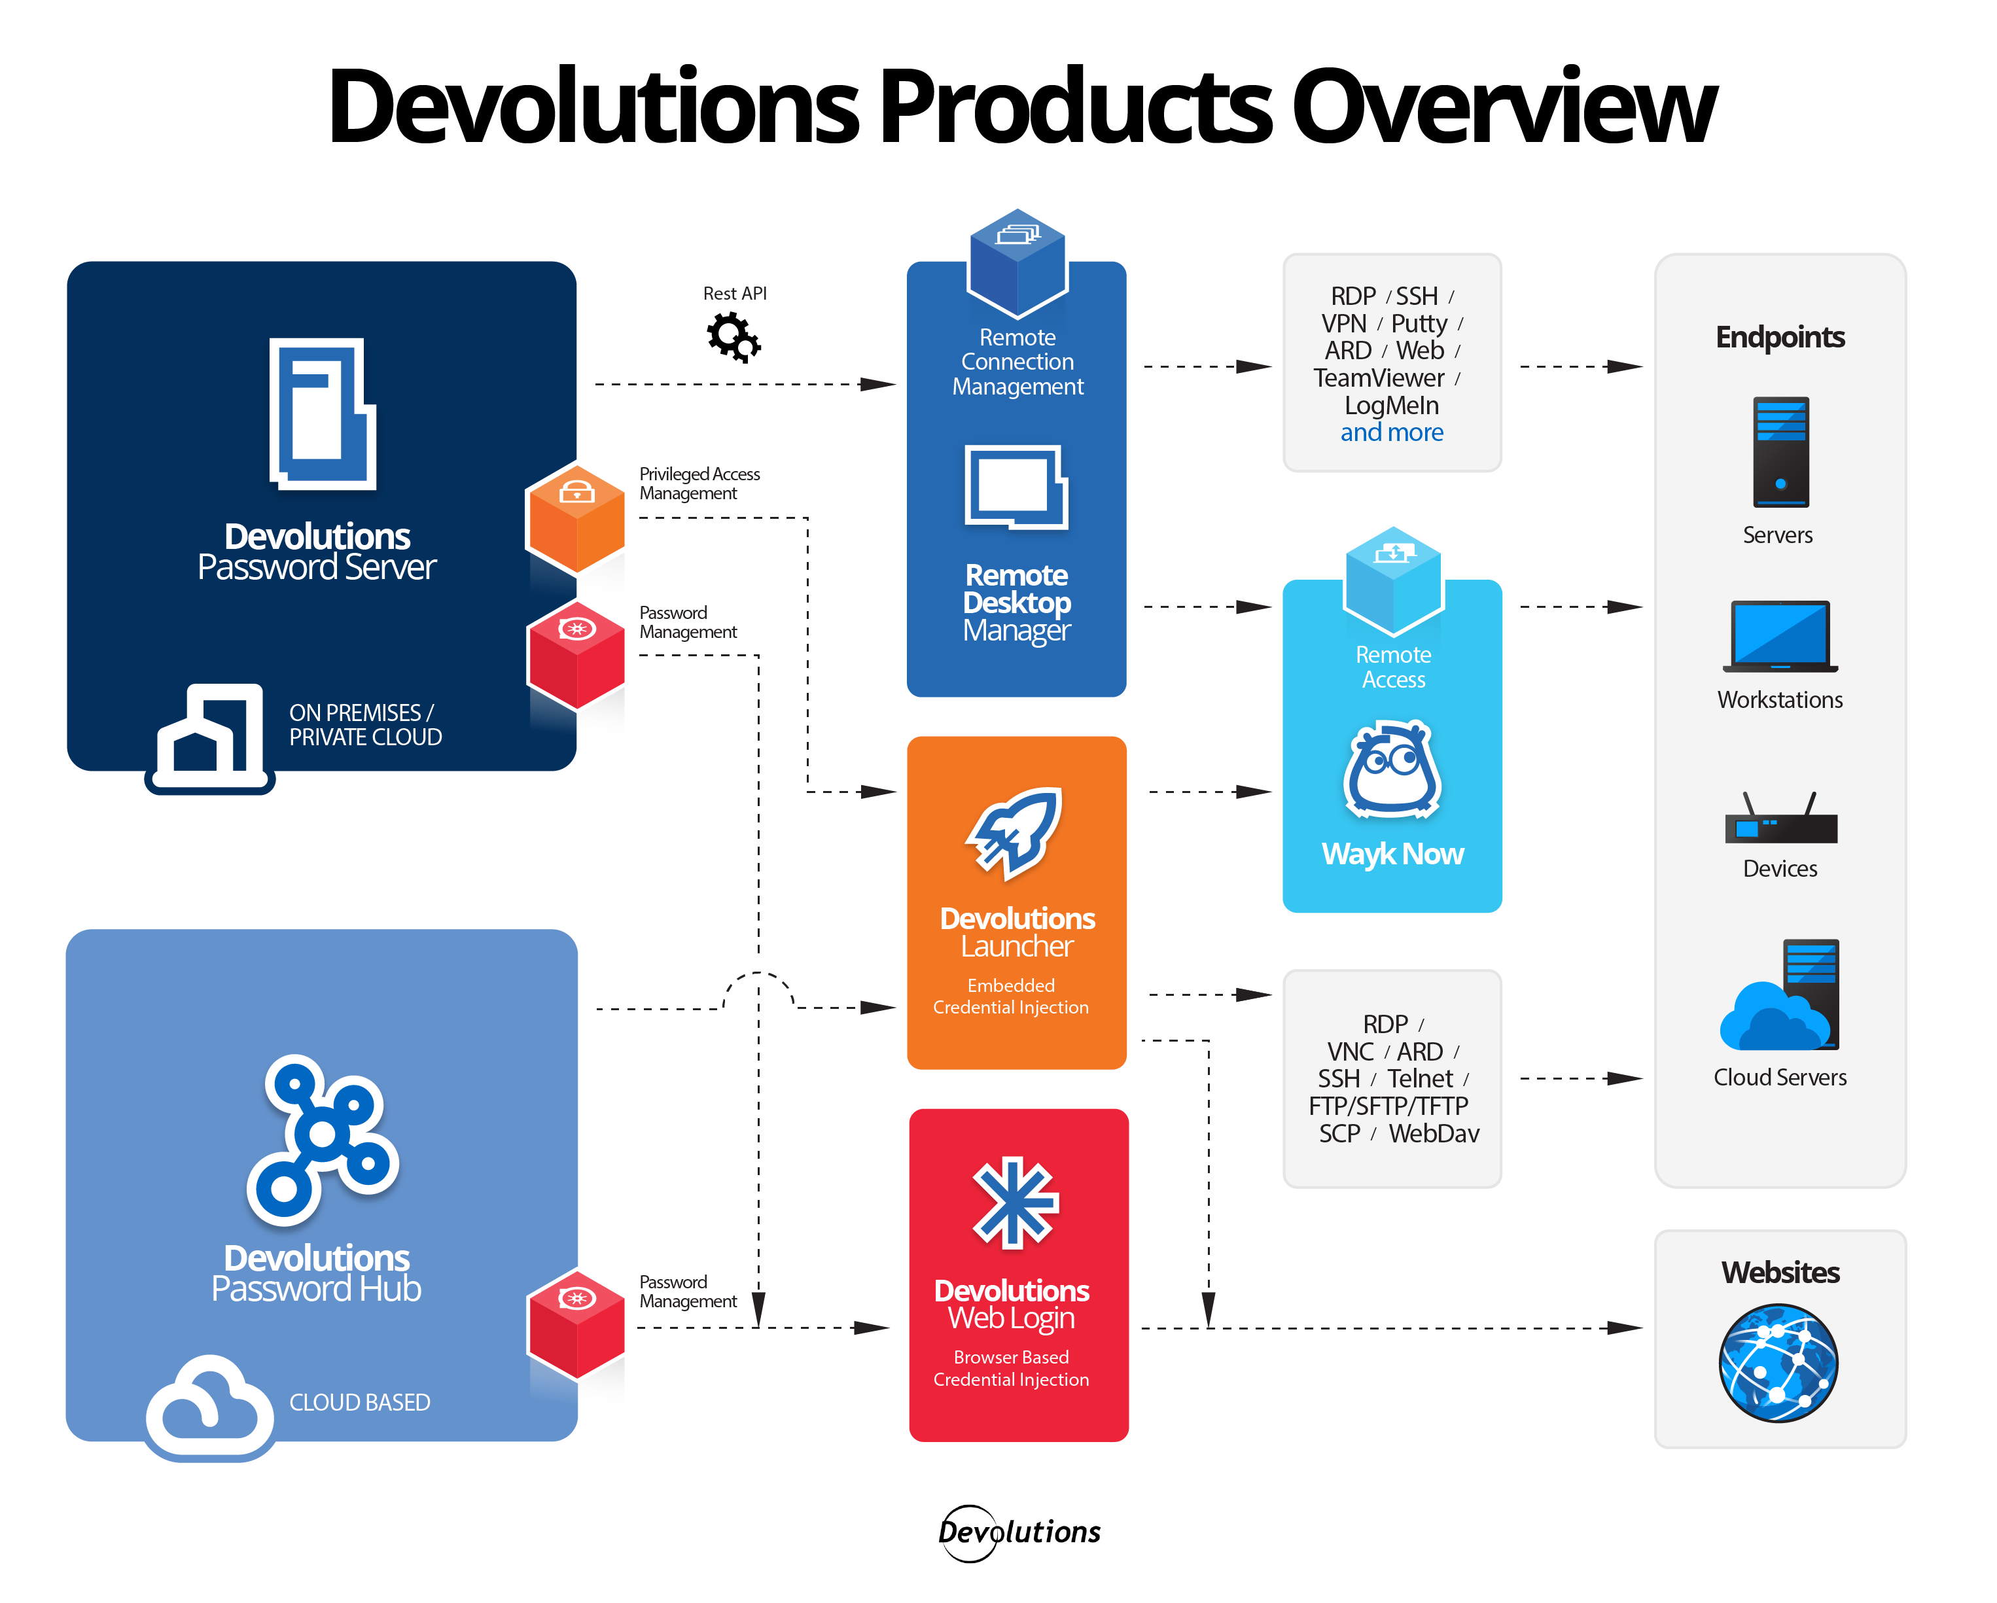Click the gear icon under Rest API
point(733,337)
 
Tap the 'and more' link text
point(1391,432)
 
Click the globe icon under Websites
point(1778,1362)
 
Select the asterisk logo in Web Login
point(1015,1202)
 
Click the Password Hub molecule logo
point(323,1137)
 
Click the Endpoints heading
point(1779,337)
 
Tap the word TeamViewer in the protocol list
point(1378,378)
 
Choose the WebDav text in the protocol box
point(1433,1133)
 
